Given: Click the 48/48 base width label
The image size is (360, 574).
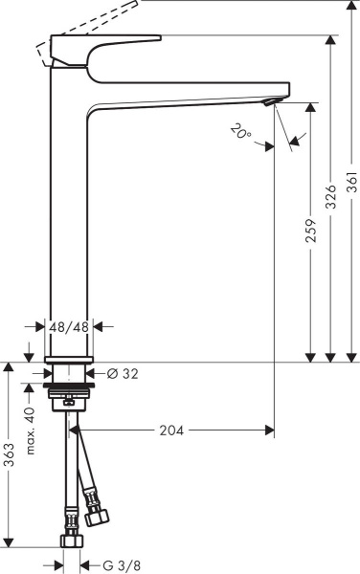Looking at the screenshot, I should [x=70, y=326].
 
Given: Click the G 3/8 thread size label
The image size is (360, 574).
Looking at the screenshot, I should [x=114, y=565].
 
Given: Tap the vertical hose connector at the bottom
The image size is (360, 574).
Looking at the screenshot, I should [x=69, y=541].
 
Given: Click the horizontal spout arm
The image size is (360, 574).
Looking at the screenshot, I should [x=191, y=91].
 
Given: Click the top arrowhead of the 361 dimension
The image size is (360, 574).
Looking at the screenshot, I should [x=351, y=5].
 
